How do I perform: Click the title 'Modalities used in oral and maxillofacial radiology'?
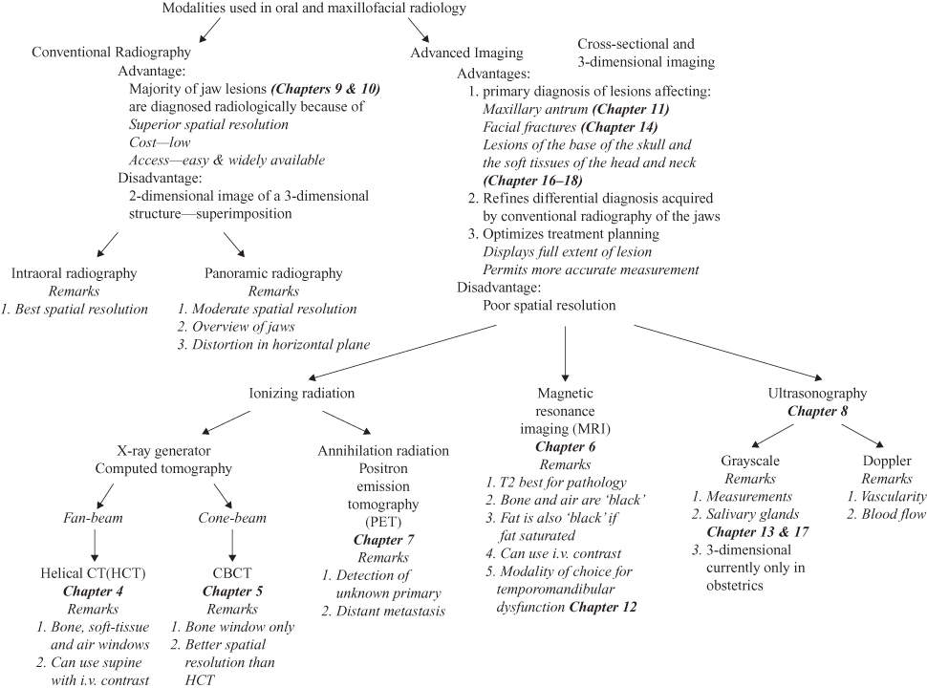(x=302, y=10)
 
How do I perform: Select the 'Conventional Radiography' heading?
(x=112, y=52)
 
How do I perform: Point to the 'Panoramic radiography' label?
(x=273, y=273)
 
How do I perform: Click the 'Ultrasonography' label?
(x=817, y=392)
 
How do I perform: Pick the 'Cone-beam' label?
(x=230, y=517)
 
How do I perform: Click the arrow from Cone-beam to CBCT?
(x=230, y=545)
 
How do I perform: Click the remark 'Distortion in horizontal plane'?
(x=273, y=343)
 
